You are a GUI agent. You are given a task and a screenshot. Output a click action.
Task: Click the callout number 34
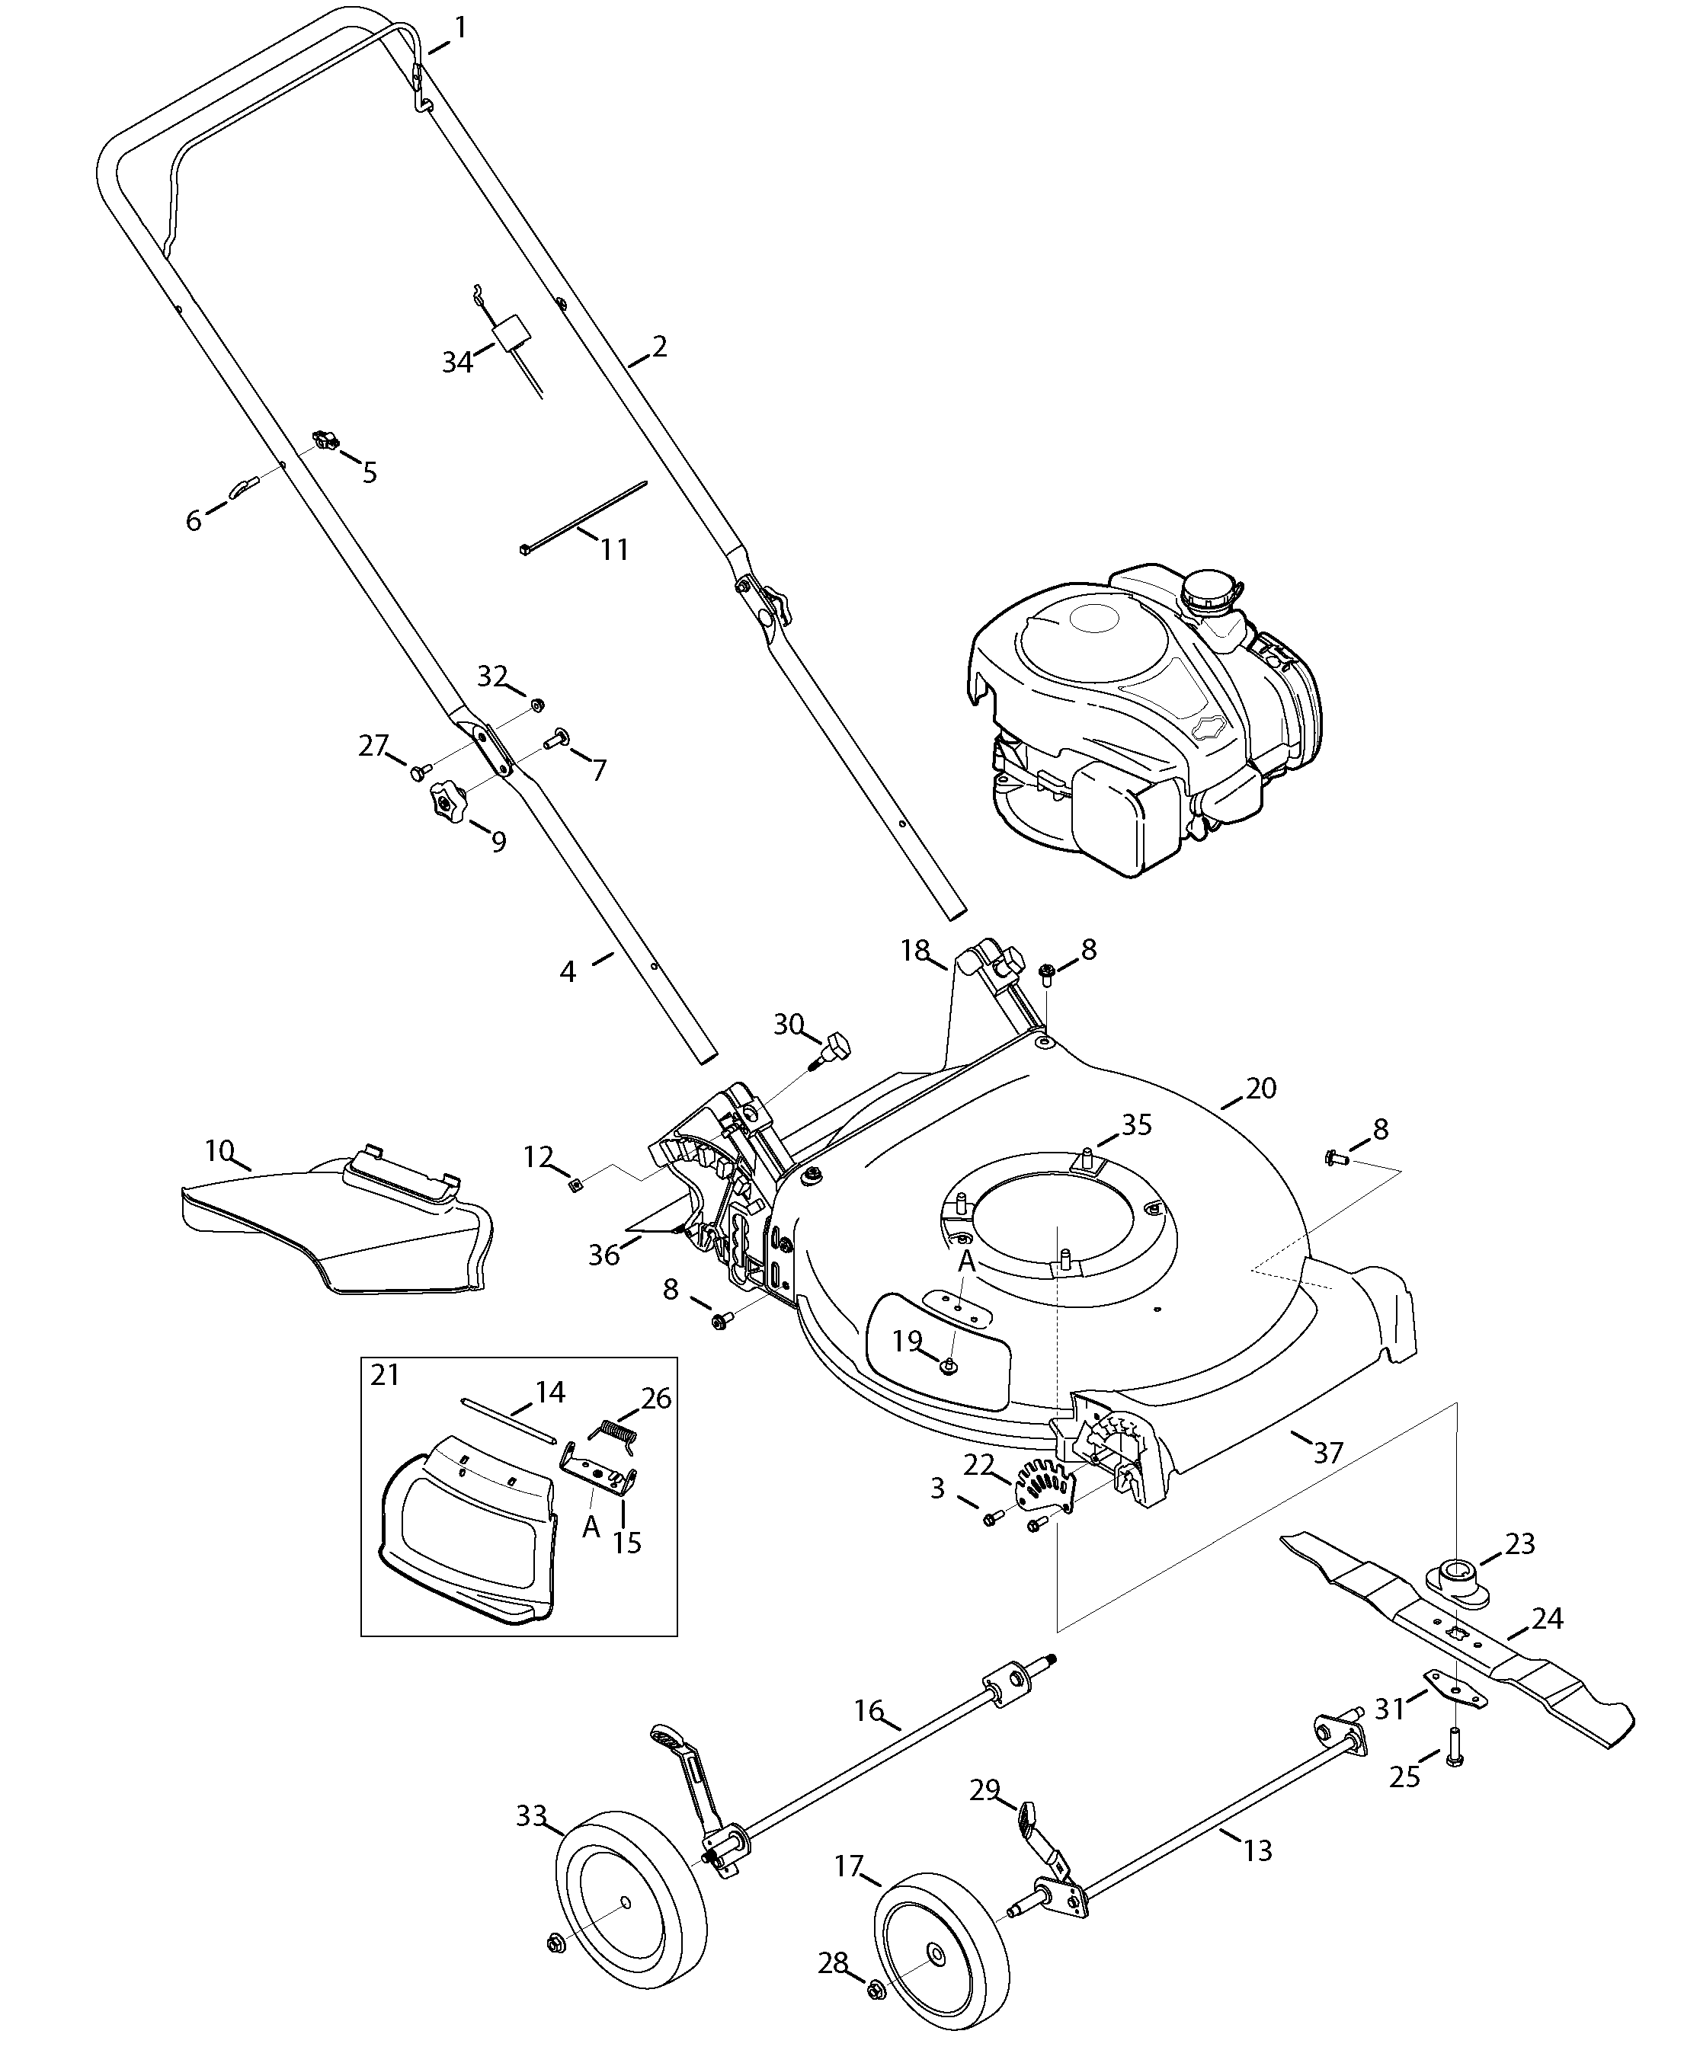point(457,363)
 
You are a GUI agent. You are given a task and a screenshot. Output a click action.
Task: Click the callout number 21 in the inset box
point(385,1375)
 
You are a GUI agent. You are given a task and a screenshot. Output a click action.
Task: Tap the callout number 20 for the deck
point(1261,1088)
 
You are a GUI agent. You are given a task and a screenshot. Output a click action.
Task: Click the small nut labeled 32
point(536,705)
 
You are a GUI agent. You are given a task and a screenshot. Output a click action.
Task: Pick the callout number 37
point(1328,1452)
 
